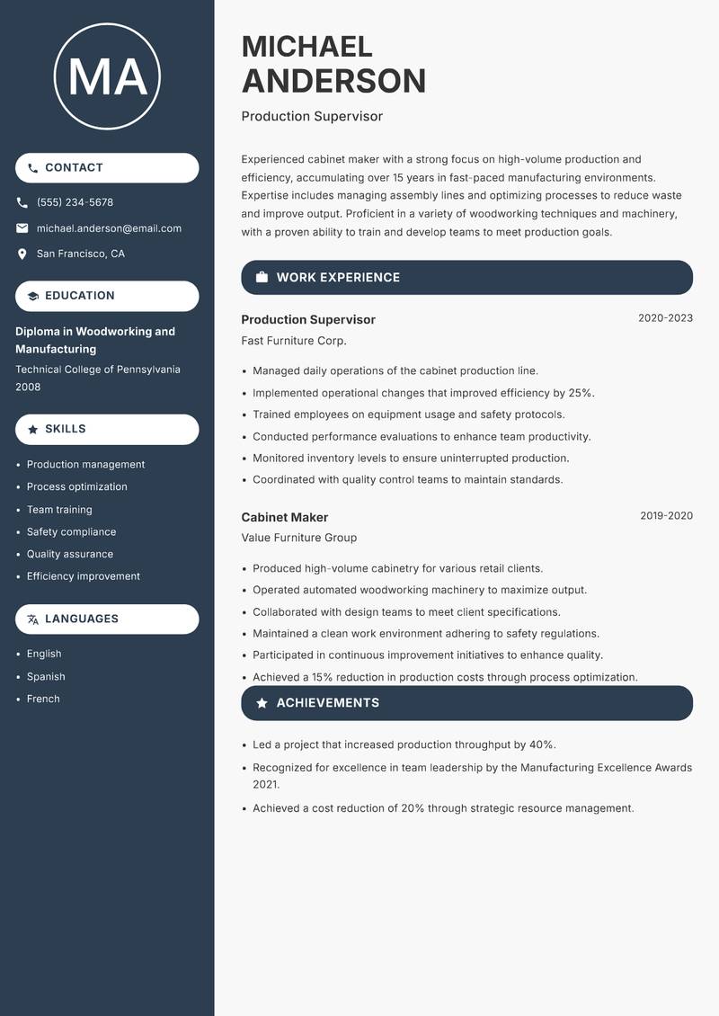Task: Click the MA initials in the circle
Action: coord(107,76)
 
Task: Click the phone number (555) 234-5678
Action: coord(75,202)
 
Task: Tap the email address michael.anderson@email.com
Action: coord(109,228)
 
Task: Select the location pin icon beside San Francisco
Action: coord(22,254)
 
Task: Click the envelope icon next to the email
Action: coord(22,228)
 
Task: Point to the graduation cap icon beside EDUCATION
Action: coord(33,296)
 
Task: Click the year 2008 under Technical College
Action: coord(28,387)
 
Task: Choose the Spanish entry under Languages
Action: coord(46,676)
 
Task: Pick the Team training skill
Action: coord(59,509)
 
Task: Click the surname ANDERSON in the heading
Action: coord(333,81)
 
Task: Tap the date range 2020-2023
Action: coord(665,318)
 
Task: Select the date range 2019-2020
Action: coord(666,516)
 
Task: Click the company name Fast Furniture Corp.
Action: coord(294,341)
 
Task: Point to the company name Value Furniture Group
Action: coord(299,538)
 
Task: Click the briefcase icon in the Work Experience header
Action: coord(262,278)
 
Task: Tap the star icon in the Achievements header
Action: coord(262,703)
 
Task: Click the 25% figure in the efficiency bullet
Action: coord(581,393)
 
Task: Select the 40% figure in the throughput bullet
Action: coord(542,744)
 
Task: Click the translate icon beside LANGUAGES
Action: coord(33,619)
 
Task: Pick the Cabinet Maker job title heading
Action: coord(285,517)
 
